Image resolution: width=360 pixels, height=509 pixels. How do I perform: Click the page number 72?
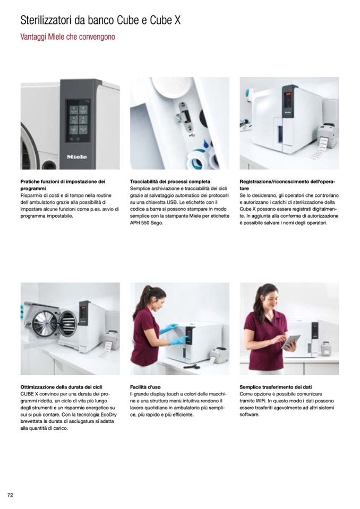pos(10,495)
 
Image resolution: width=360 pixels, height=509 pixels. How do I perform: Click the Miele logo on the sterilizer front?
pos(76,157)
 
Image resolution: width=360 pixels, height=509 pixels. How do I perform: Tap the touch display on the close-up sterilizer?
pos(78,120)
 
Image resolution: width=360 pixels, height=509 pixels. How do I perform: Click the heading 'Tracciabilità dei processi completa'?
pos(170,182)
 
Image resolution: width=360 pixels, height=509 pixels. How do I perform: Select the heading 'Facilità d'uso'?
pos(145,387)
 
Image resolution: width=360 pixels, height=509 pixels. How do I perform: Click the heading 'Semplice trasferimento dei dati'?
pos(276,387)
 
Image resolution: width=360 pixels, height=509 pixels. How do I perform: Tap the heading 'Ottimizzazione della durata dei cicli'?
pos(62,387)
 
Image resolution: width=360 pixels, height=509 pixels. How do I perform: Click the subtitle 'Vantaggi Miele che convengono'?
pos(67,37)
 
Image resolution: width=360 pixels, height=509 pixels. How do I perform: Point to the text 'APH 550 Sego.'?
pos(146,223)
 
